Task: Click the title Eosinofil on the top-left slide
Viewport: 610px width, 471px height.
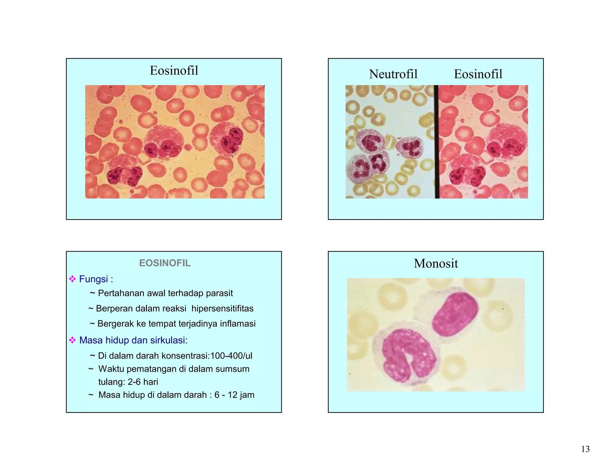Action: [x=174, y=71]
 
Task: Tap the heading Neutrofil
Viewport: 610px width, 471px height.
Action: [x=393, y=74]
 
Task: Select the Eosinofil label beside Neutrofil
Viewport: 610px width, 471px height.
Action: [x=478, y=74]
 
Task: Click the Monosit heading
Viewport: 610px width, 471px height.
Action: [x=436, y=263]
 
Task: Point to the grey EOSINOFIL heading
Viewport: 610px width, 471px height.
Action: [x=165, y=263]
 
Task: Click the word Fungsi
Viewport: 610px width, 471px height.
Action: [x=94, y=279]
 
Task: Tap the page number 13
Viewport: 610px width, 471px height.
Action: [x=585, y=449]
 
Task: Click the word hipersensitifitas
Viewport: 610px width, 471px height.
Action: [x=222, y=308]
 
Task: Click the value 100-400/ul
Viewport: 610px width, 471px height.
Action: [x=231, y=356]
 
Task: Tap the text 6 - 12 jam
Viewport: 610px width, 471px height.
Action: [x=234, y=395]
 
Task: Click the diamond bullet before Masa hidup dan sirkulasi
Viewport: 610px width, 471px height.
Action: [x=72, y=340]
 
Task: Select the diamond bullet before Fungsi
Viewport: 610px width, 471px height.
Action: [x=72, y=279]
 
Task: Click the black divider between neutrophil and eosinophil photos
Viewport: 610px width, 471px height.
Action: [x=436, y=142]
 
